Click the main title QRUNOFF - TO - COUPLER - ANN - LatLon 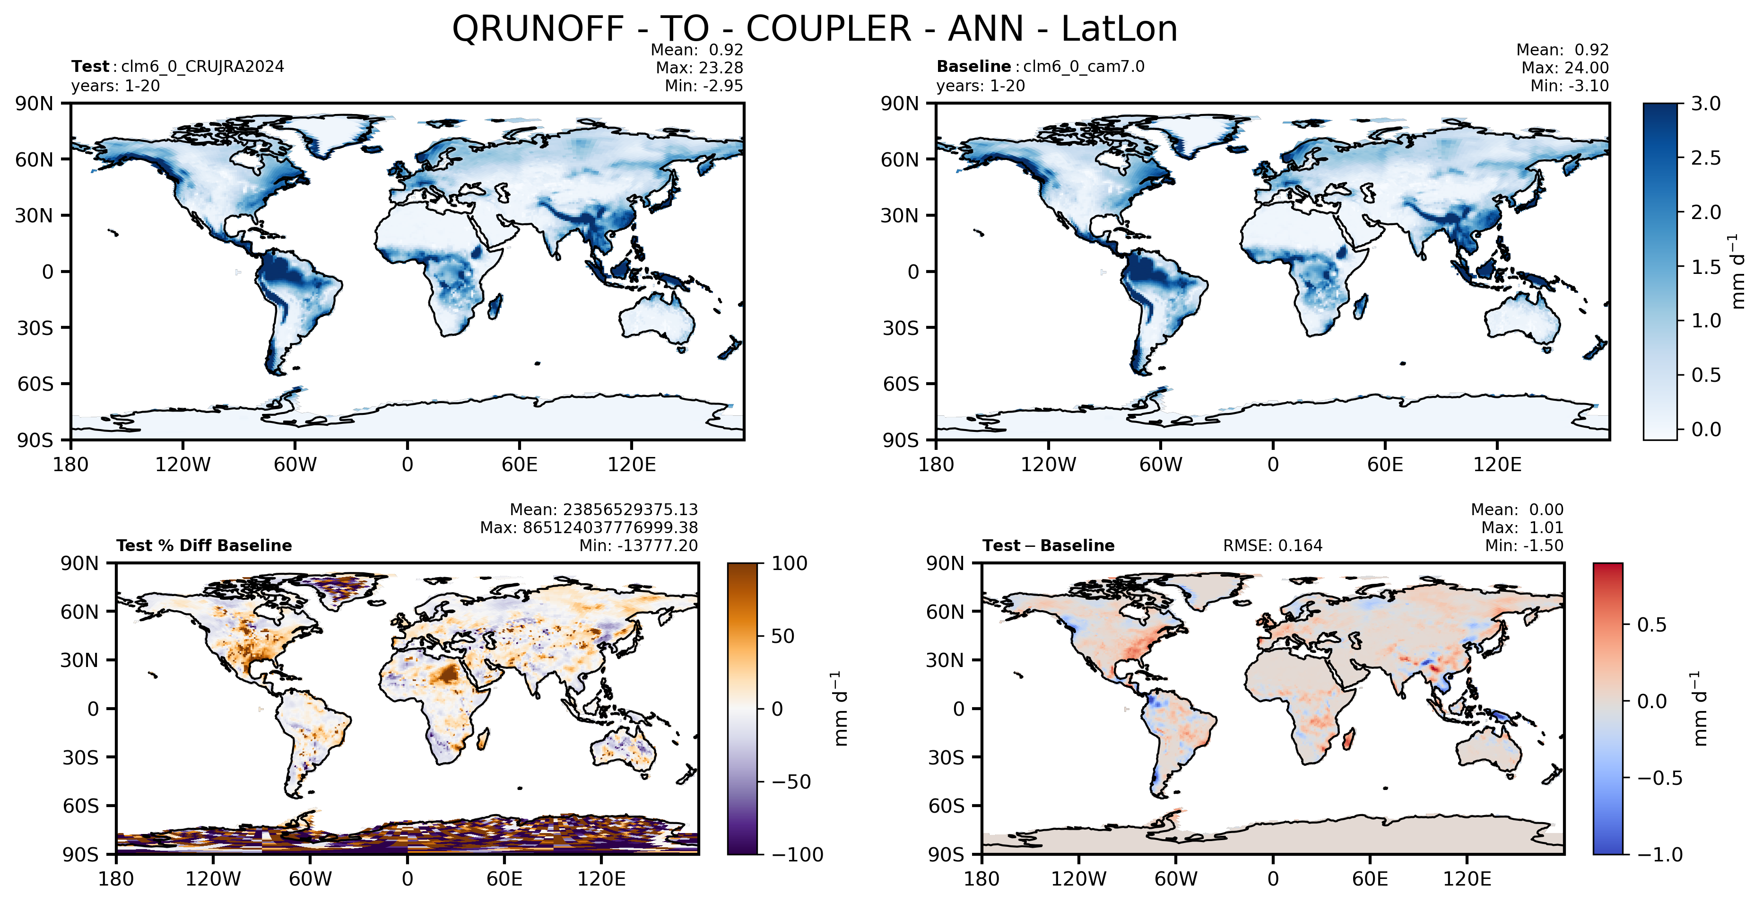point(815,29)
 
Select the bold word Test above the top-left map point(90,66)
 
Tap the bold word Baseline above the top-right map point(973,66)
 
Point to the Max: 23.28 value point(699,68)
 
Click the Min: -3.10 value point(1569,86)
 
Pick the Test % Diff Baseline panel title point(204,546)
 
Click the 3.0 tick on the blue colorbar point(1705,104)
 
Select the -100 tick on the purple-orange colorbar point(797,854)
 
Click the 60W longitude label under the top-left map point(295,465)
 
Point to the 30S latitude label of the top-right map point(900,328)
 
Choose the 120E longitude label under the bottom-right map point(1467,878)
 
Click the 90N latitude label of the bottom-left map point(79,563)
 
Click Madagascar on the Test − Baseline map point(1348,740)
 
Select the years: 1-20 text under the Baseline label point(981,86)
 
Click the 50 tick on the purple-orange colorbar point(782,636)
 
